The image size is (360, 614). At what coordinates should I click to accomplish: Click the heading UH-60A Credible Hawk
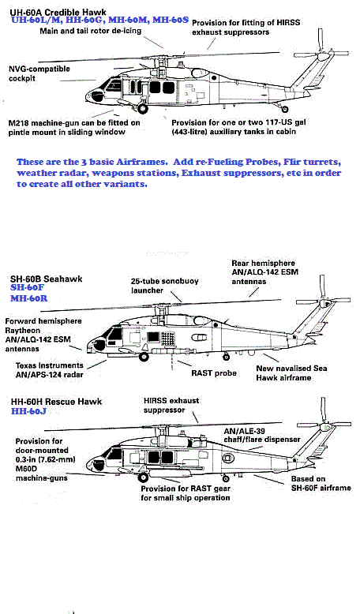coord(58,12)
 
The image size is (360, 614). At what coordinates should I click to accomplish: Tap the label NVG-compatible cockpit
coord(39,73)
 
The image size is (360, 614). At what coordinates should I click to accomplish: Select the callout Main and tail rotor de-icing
coord(90,31)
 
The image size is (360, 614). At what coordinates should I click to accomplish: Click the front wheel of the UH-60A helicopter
coord(143,108)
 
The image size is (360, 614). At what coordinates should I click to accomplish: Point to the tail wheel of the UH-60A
coord(285,109)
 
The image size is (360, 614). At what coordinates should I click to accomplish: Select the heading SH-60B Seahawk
coord(47,279)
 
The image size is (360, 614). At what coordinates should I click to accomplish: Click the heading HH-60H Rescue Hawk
coord(56,402)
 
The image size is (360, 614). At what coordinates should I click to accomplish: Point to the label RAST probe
coord(213,373)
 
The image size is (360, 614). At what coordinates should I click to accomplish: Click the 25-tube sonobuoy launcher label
coord(164,286)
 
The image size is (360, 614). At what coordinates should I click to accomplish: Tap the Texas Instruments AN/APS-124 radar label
coord(50,369)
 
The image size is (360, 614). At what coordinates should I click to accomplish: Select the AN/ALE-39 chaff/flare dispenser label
coord(261,435)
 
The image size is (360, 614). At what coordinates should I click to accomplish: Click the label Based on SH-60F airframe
coord(321,483)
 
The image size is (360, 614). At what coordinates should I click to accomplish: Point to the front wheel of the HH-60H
coord(144,477)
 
